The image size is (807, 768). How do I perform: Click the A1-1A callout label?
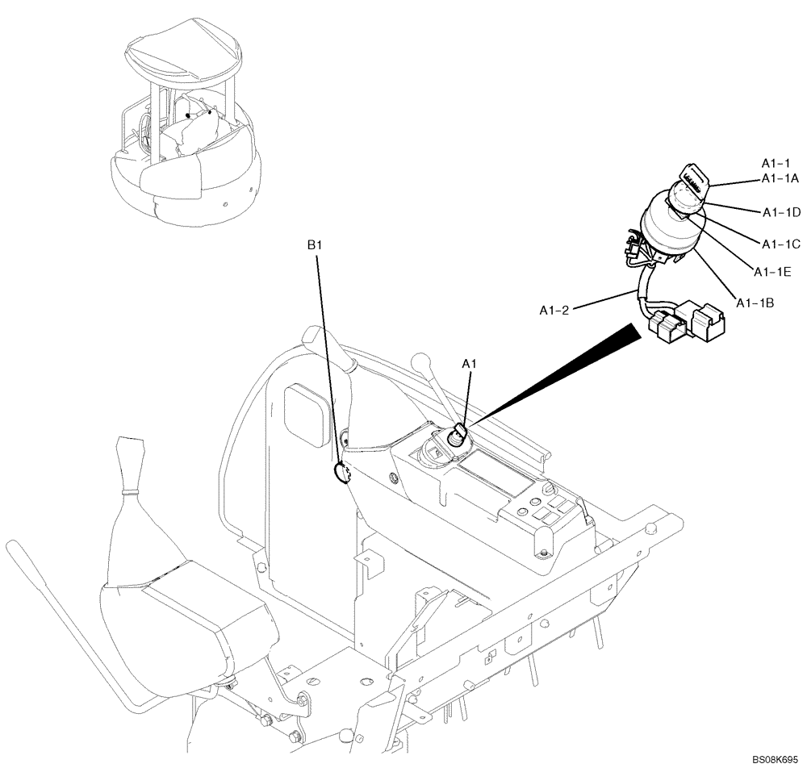click(779, 178)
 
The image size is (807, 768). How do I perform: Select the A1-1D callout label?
click(780, 212)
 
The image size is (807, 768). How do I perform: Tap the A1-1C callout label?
click(780, 243)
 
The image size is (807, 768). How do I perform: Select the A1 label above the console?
click(470, 365)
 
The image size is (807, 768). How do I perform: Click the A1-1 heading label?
click(776, 162)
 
